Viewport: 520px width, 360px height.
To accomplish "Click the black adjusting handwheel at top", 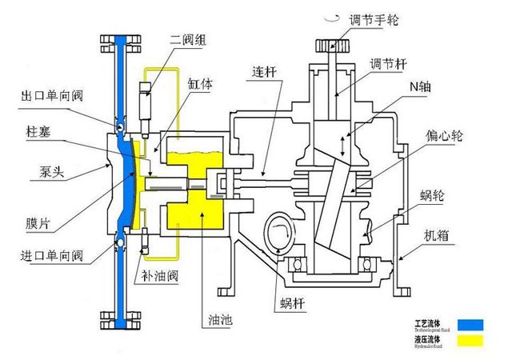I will coord(338,45).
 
